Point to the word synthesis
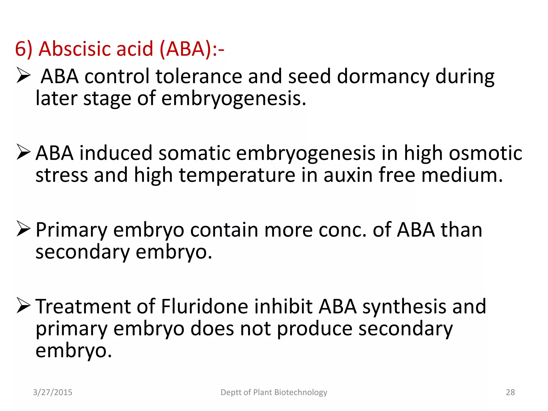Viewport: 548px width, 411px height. pyautogui.click(x=404, y=307)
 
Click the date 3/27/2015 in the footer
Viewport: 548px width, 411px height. pyautogui.click(x=52, y=392)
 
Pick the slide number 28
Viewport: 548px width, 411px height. pyautogui.click(x=510, y=392)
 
